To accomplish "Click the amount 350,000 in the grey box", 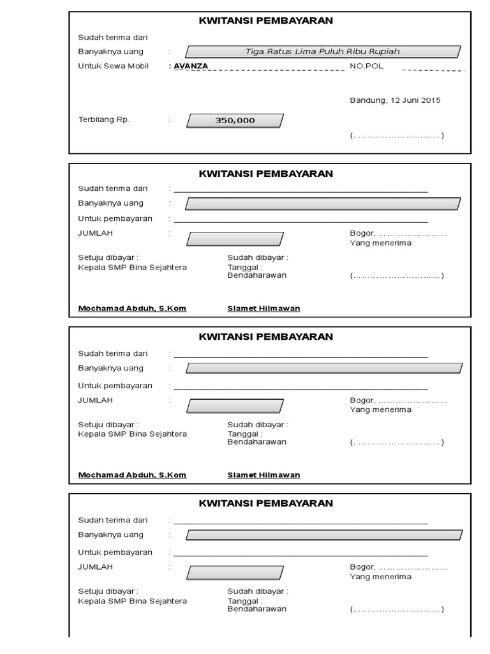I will click(234, 120).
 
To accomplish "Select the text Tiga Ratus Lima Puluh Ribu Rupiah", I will click(323, 52).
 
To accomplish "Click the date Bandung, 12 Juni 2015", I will click(395, 100).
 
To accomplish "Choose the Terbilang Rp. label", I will click(104, 119).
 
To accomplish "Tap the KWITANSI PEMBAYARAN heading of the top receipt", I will click(266, 20).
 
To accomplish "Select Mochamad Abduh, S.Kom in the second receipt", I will click(132, 308).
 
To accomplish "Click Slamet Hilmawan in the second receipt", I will click(264, 308).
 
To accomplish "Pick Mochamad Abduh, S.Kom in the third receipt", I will click(132, 475).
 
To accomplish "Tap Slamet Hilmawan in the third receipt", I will click(264, 475).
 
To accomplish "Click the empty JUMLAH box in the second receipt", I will click(234, 240).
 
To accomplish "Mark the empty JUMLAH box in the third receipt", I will click(234, 406).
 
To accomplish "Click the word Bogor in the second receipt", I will click(362, 233).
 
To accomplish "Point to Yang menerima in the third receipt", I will click(380, 410).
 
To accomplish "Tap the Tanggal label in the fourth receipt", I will click(244, 601).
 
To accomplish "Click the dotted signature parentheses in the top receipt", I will click(396, 135).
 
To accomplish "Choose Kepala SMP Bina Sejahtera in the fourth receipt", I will click(132, 601).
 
